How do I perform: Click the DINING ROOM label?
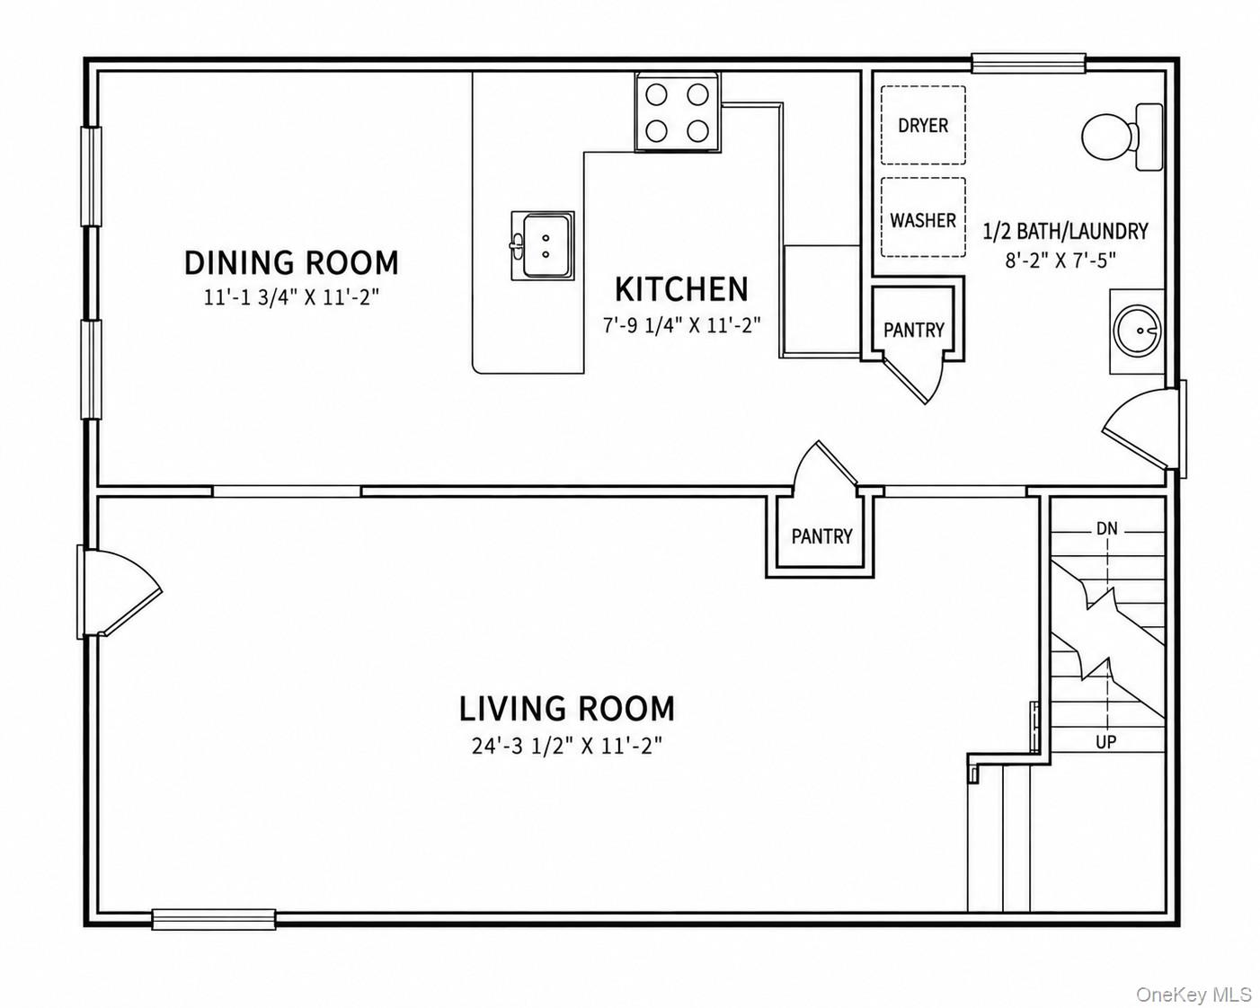291,262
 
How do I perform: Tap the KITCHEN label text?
681,289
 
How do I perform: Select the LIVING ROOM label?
567,708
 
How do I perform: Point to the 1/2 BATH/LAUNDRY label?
1065,231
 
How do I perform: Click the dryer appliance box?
923,125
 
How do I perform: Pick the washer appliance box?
923,217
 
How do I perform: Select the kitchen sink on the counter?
543,246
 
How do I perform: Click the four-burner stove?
678,112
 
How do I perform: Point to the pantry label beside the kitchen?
913,330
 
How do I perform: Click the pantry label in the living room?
821,536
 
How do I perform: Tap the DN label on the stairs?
1106,529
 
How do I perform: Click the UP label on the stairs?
1106,743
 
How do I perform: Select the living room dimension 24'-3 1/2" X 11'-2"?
567,747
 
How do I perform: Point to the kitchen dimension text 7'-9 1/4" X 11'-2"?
681,324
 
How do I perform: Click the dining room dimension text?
291,297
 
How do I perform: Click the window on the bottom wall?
214,935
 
